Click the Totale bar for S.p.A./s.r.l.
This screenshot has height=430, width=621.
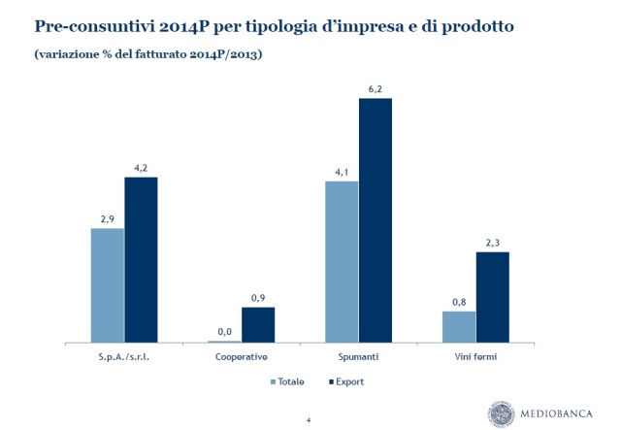pyautogui.click(x=107, y=285)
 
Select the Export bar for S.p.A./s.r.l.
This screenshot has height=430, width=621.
pyautogui.click(x=141, y=260)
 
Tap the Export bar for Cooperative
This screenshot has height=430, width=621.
pyautogui.click(x=258, y=325)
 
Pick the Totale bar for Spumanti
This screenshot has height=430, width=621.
pyautogui.click(x=342, y=262)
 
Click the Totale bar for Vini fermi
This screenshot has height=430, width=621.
pyautogui.click(x=459, y=327)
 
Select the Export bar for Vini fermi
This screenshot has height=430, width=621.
pyautogui.click(x=493, y=297)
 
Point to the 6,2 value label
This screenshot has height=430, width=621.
pyautogui.click(x=376, y=89)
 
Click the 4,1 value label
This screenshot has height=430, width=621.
pyautogui.click(x=342, y=173)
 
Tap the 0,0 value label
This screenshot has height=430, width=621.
pyautogui.click(x=224, y=332)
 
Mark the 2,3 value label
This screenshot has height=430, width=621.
pyautogui.click(x=493, y=244)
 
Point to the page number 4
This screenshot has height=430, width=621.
pyautogui.click(x=308, y=418)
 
